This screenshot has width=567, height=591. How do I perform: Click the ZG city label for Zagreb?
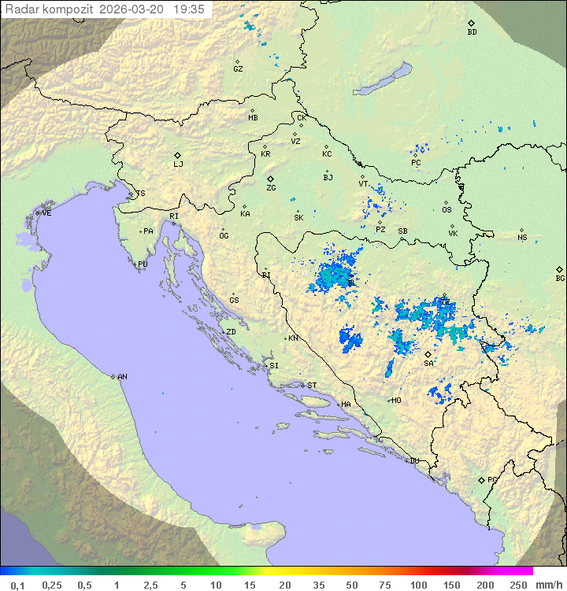pyautogui.click(x=271, y=188)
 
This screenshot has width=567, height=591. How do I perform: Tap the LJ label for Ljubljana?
pyautogui.click(x=178, y=164)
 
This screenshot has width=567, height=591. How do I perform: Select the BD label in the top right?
pyautogui.click(x=472, y=32)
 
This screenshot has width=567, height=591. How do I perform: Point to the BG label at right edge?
pyautogui.click(x=560, y=278)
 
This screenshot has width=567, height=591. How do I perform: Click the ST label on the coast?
pyautogui.click(x=312, y=386)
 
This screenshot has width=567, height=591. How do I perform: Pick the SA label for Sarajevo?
pyautogui.click(x=428, y=364)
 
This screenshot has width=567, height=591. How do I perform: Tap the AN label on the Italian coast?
pyautogui.click(x=122, y=377)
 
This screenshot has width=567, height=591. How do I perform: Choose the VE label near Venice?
pyautogui.click(x=46, y=213)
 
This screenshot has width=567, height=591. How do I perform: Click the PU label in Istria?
pyautogui.click(x=143, y=264)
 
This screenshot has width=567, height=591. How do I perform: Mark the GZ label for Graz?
pyautogui.click(x=238, y=69)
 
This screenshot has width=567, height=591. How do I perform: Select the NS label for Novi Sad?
pyautogui.click(x=522, y=238)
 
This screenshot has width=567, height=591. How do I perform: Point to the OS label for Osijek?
pyautogui.click(x=447, y=210)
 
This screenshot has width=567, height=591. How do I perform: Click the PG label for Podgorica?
pyautogui.click(x=492, y=479)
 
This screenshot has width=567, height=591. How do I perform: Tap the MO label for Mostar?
pyautogui.click(x=396, y=401)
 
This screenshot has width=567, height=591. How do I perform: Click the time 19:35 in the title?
pyautogui.click(x=189, y=9)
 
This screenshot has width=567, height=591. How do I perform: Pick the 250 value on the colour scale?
pyautogui.click(x=518, y=585)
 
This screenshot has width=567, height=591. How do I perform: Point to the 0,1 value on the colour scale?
pyautogui.click(x=17, y=585)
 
